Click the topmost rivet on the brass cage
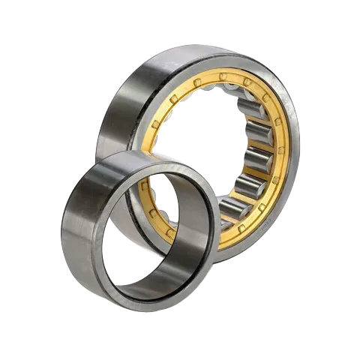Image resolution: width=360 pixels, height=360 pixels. tap(222, 77)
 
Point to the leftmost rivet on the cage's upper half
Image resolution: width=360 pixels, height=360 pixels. tap(155, 124)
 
